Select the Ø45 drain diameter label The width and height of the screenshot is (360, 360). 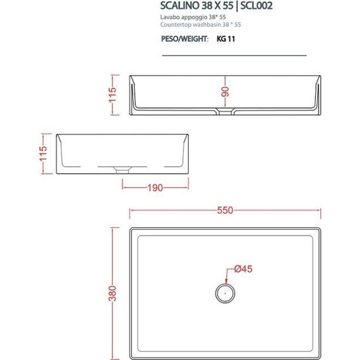point(243,269)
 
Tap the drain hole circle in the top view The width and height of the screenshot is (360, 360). point(224,292)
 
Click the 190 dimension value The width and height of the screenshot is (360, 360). point(155,188)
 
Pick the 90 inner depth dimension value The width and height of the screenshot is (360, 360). point(224,92)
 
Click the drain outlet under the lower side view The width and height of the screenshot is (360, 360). point(123,169)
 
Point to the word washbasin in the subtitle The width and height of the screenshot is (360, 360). point(211,25)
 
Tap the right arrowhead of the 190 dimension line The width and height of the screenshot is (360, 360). point(186,188)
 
